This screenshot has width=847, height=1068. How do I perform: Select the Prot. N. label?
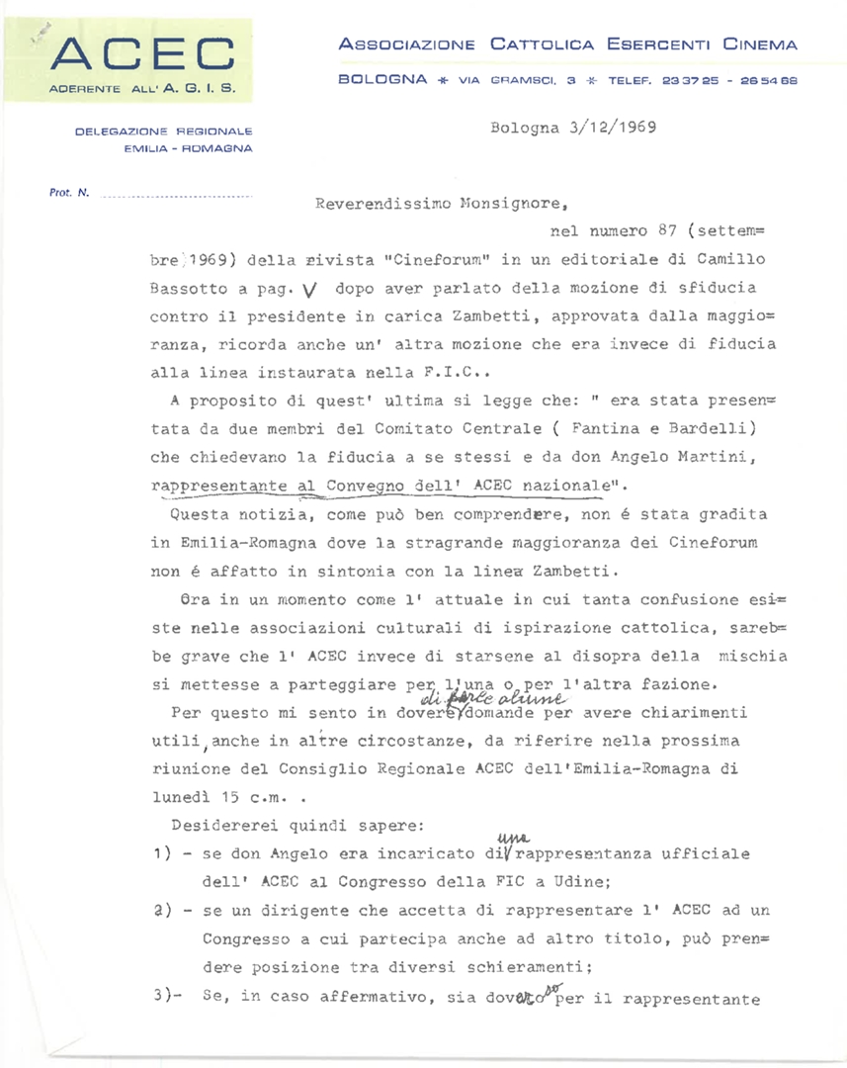coord(69,192)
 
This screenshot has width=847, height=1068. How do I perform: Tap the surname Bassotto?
coord(190,291)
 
